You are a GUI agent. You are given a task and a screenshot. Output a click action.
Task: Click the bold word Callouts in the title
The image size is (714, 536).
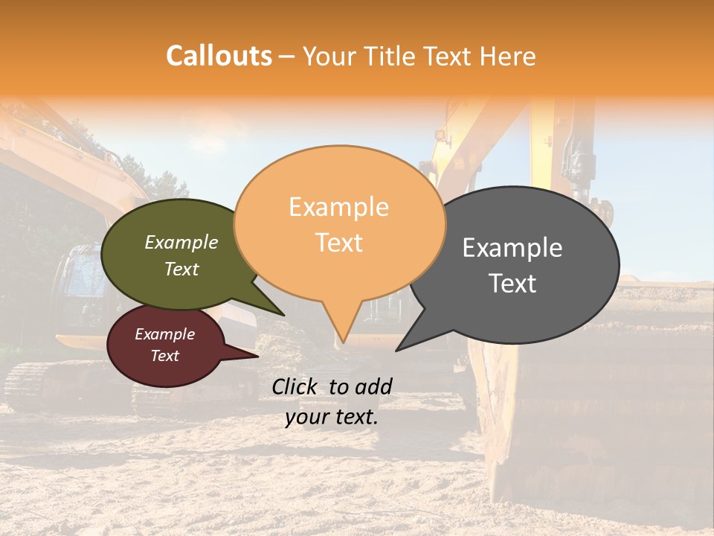pyautogui.click(x=219, y=56)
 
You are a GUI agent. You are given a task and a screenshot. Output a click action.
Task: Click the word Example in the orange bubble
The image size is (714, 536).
pyautogui.click(x=338, y=207)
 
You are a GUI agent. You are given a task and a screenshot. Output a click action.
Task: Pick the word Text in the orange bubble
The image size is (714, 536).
pyautogui.click(x=338, y=243)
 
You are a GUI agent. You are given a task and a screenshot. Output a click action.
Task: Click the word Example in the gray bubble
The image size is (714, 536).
pyautogui.click(x=512, y=248)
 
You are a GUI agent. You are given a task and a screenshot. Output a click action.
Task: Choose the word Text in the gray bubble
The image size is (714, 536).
pyautogui.click(x=512, y=284)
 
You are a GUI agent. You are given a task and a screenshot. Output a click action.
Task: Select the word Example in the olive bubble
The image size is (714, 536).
pyautogui.click(x=181, y=242)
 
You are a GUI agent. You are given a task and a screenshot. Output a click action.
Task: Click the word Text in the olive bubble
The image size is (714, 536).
pyautogui.click(x=181, y=269)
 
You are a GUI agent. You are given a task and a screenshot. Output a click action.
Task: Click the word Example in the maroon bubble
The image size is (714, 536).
pyautogui.click(x=164, y=334)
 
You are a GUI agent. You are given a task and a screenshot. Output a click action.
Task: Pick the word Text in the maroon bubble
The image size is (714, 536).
pyautogui.click(x=164, y=356)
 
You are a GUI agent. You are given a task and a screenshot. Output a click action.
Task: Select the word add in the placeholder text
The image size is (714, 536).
pyautogui.click(x=373, y=386)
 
